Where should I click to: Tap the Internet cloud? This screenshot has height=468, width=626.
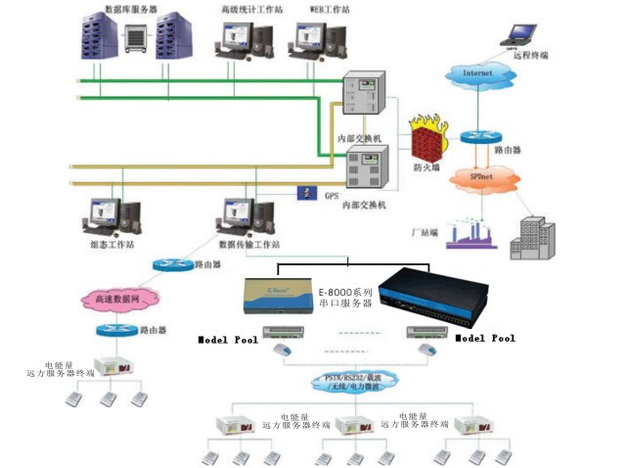(478, 74)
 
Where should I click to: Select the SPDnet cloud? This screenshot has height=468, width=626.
(481, 179)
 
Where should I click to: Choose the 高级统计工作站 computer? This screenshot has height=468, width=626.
(238, 41)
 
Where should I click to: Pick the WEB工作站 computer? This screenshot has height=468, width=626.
(315, 41)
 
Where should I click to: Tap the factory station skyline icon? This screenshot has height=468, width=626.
(472, 235)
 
